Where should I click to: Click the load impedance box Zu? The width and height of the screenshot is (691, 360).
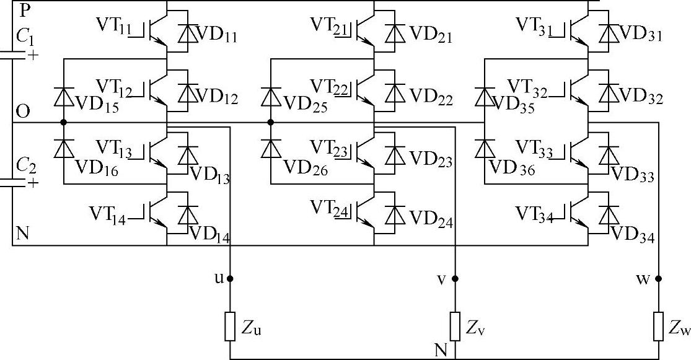[x=231, y=327]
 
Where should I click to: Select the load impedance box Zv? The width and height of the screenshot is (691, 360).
[x=455, y=327]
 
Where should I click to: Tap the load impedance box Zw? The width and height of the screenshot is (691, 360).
[x=658, y=327]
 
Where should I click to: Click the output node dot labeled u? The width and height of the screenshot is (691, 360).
[x=231, y=279]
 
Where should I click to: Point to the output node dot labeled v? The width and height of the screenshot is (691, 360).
[x=455, y=279]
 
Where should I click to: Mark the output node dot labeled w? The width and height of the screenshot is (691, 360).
[x=658, y=279]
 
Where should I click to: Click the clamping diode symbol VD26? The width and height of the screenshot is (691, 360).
[x=270, y=149]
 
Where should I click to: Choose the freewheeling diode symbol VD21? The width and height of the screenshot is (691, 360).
[x=392, y=33]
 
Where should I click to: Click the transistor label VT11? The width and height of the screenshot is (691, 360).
[x=113, y=25]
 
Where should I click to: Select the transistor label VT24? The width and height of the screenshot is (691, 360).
[x=328, y=207]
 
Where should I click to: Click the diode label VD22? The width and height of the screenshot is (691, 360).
[x=431, y=97]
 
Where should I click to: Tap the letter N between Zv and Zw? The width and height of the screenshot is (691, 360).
[x=441, y=350]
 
